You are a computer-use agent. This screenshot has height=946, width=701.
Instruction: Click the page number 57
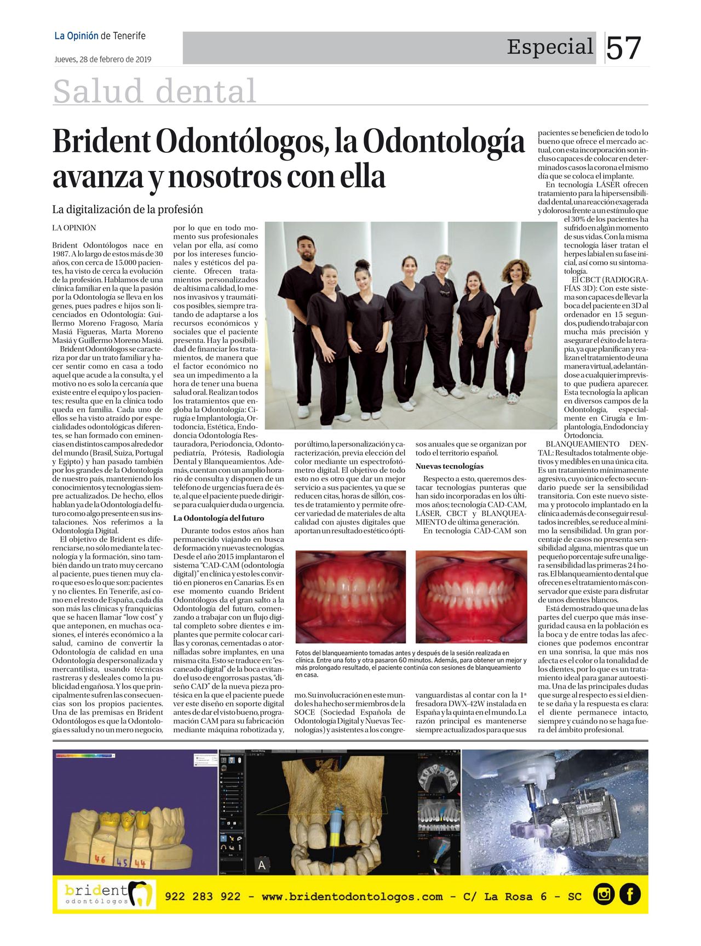click(x=623, y=48)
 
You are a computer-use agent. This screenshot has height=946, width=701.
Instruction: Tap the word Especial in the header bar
click(x=550, y=47)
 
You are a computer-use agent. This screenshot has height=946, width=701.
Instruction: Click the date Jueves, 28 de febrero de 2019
click(x=103, y=59)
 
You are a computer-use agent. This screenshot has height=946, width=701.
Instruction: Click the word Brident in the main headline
click(x=101, y=142)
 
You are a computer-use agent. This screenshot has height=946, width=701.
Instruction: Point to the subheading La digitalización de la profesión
click(x=128, y=209)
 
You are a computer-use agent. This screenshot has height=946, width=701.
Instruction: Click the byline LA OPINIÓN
click(x=74, y=228)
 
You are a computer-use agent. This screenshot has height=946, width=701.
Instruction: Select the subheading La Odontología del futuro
click(x=219, y=518)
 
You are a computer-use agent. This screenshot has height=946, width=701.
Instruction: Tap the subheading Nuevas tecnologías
click(x=449, y=466)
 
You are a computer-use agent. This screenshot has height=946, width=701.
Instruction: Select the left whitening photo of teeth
click(x=350, y=597)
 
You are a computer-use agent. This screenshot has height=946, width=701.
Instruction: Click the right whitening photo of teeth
click(x=471, y=597)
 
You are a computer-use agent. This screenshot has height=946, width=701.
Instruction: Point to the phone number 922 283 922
click(x=203, y=897)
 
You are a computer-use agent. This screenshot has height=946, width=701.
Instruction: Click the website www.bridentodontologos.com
click(x=352, y=897)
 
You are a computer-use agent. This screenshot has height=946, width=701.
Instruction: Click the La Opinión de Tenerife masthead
click(x=100, y=36)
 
